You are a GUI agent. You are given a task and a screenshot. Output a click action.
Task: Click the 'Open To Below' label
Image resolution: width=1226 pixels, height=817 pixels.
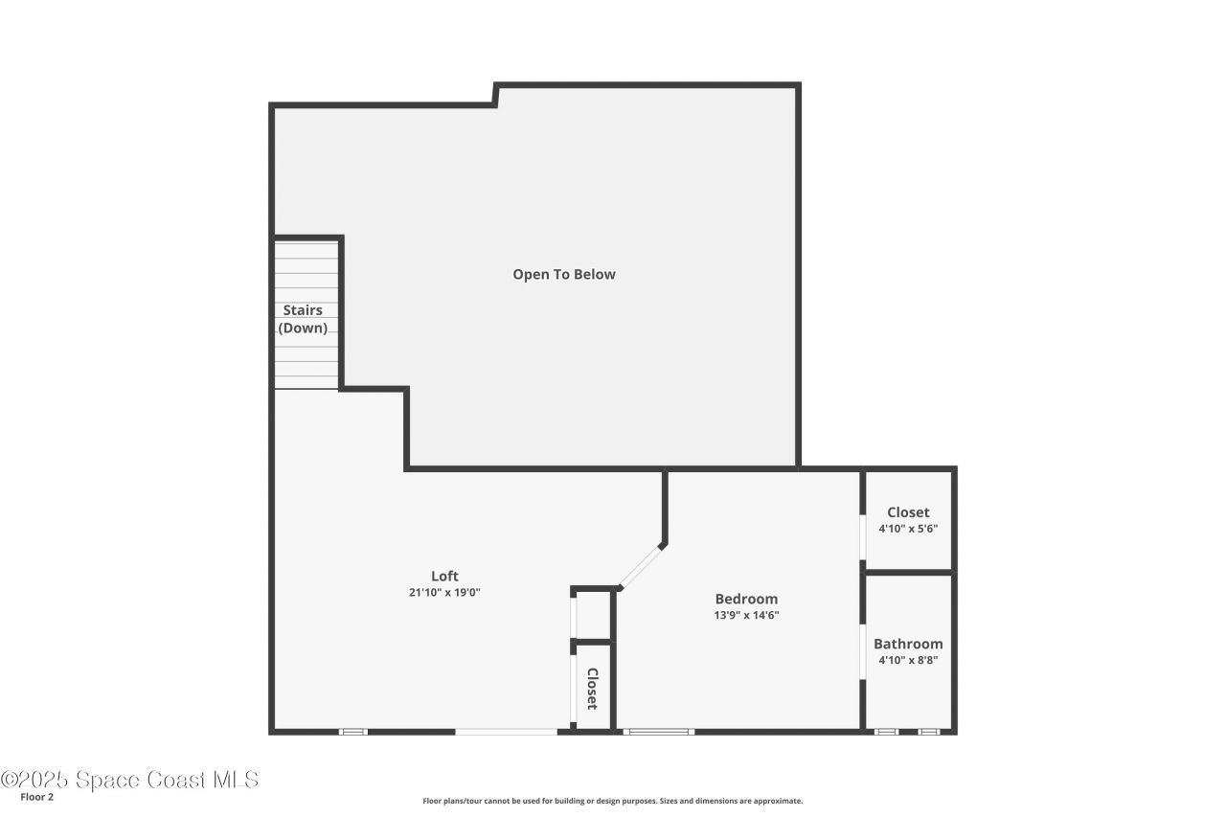pyautogui.click(x=563, y=275)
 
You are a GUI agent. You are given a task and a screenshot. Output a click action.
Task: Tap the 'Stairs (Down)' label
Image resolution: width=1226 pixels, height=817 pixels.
pyautogui.click(x=303, y=319)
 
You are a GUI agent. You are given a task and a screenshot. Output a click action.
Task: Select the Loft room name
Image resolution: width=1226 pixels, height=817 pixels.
pyautogui.click(x=444, y=577)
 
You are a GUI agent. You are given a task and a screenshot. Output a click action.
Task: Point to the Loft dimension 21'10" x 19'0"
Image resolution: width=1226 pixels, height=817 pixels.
pyautogui.click(x=444, y=593)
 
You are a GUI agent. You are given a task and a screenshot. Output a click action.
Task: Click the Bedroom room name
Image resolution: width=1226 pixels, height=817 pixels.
pyautogui.click(x=746, y=600)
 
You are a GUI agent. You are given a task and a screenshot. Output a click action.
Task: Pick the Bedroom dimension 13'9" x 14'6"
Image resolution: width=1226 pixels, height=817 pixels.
pyautogui.click(x=746, y=616)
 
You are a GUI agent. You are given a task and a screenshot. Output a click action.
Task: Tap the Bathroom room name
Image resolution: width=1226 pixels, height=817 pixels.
pyautogui.click(x=908, y=644)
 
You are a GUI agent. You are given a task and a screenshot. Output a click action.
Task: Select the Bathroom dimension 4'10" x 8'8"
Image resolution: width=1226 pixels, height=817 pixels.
pyautogui.click(x=908, y=660)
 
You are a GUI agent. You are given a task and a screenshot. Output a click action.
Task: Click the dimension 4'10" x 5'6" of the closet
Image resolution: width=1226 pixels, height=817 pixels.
pyautogui.click(x=908, y=529)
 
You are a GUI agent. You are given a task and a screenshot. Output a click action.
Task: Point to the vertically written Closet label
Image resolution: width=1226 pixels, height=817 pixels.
pyautogui.click(x=592, y=689)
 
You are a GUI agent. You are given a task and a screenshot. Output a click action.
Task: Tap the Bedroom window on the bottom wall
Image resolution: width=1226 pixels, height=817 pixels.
pyautogui.click(x=658, y=732)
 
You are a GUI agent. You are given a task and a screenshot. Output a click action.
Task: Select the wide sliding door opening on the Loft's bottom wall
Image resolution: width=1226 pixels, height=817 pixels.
pyautogui.click(x=506, y=732)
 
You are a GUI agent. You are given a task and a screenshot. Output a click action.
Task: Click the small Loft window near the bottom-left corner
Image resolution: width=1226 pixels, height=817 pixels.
pyautogui.click(x=353, y=732)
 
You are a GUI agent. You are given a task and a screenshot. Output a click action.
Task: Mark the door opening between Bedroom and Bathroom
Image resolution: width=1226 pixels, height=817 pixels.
pyautogui.click(x=863, y=651)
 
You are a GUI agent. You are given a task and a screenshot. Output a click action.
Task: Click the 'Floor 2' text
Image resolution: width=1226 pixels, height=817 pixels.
pyautogui.click(x=37, y=797)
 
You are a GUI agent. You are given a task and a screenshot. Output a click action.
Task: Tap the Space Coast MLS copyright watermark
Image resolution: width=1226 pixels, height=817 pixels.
pyautogui.click(x=129, y=780)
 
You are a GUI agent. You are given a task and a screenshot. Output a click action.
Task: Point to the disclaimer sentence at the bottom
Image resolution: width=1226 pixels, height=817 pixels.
pyautogui.click(x=613, y=801)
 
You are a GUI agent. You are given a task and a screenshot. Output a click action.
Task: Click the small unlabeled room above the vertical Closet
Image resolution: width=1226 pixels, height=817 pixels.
pyautogui.click(x=593, y=616)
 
